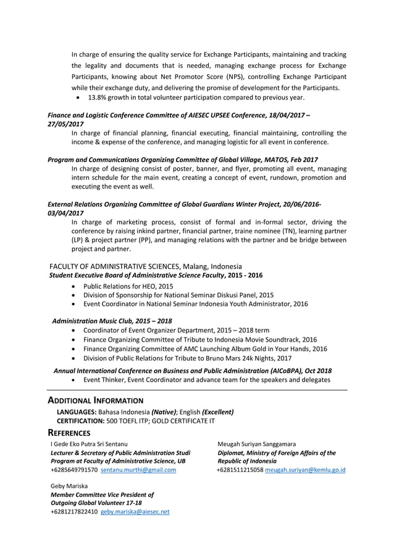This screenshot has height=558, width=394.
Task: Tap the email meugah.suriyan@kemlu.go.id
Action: pos(305,470)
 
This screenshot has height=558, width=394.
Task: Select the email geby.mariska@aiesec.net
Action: pos(135,512)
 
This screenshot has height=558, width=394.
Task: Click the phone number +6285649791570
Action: pos(73,470)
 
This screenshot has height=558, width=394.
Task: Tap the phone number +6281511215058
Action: pos(240,470)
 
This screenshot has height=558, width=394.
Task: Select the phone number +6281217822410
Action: pos(73,512)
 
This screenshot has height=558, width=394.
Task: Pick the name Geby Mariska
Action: pos(69,486)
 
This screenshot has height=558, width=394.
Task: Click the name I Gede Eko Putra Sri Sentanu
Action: pos(89,444)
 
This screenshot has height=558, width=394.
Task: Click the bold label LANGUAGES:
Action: pos(77,412)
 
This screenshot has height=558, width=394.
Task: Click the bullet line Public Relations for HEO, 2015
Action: pos(128,287)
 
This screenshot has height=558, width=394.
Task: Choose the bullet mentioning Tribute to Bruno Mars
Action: pos(187,358)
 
